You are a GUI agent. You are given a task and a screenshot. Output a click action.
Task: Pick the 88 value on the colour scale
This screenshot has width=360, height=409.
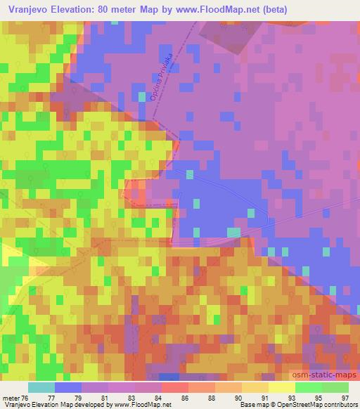pos(212,397)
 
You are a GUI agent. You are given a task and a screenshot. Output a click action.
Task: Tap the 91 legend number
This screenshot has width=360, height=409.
pos(264,397)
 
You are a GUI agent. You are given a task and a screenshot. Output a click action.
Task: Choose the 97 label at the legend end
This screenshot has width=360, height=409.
pos(344,397)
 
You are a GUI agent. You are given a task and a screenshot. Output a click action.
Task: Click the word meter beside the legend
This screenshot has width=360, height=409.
pos(11,397)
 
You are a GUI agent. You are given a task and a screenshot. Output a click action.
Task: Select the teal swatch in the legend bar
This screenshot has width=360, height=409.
pos(41,387)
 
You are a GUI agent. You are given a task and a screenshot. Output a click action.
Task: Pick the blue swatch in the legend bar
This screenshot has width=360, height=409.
pos(68,387)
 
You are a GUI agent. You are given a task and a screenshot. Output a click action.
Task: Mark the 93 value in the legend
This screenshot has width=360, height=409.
pos(291,397)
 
